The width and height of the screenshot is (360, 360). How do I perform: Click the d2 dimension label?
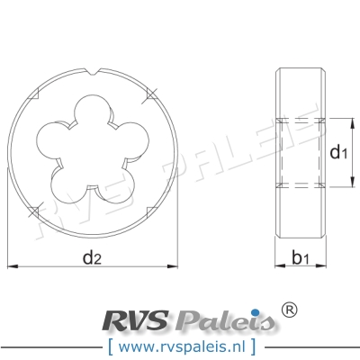(x=91, y=259)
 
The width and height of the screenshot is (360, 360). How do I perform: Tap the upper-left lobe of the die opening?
(x=51, y=136)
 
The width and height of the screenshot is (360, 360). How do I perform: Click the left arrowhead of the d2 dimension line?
(x=11, y=266)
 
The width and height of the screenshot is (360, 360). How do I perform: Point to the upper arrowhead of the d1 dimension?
(x=346, y=121)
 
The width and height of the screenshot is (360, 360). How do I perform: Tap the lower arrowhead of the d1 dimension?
(x=346, y=184)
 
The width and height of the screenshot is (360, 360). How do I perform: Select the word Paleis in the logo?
(x=220, y=320)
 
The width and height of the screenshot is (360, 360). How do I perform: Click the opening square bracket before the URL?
(x=110, y=345)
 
